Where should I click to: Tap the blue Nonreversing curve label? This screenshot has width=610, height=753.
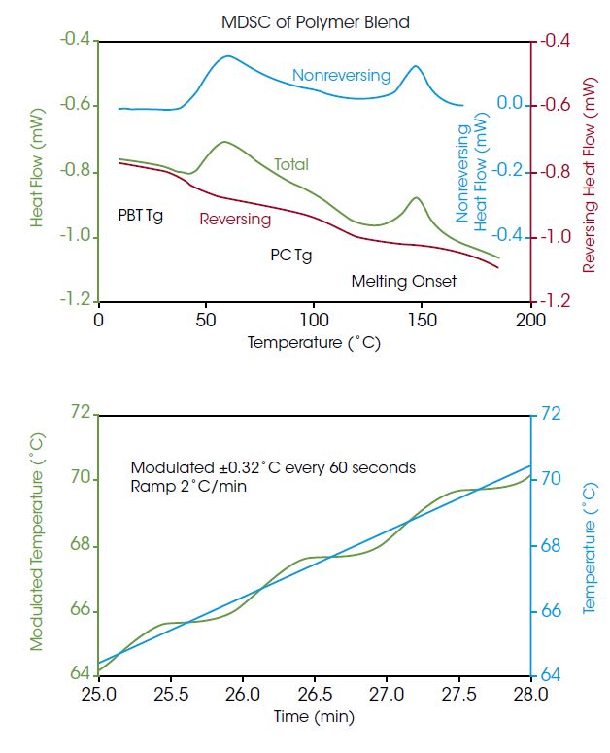341,75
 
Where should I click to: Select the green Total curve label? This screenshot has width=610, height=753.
290,164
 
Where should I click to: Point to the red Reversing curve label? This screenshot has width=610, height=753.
235,219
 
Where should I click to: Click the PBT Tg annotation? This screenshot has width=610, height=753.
140,215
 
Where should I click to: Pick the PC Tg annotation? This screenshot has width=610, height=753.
291,256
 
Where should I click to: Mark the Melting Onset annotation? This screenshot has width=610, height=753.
403,281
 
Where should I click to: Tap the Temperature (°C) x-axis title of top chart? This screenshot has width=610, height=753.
314,342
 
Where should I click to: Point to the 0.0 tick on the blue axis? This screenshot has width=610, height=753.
510,104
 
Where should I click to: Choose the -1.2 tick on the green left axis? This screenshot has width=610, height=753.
75,301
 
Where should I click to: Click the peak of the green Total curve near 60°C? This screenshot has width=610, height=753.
224,142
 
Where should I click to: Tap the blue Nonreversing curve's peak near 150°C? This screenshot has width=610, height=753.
416,66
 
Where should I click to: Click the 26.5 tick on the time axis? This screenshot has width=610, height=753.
314,695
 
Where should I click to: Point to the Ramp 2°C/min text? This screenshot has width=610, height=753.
188,485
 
